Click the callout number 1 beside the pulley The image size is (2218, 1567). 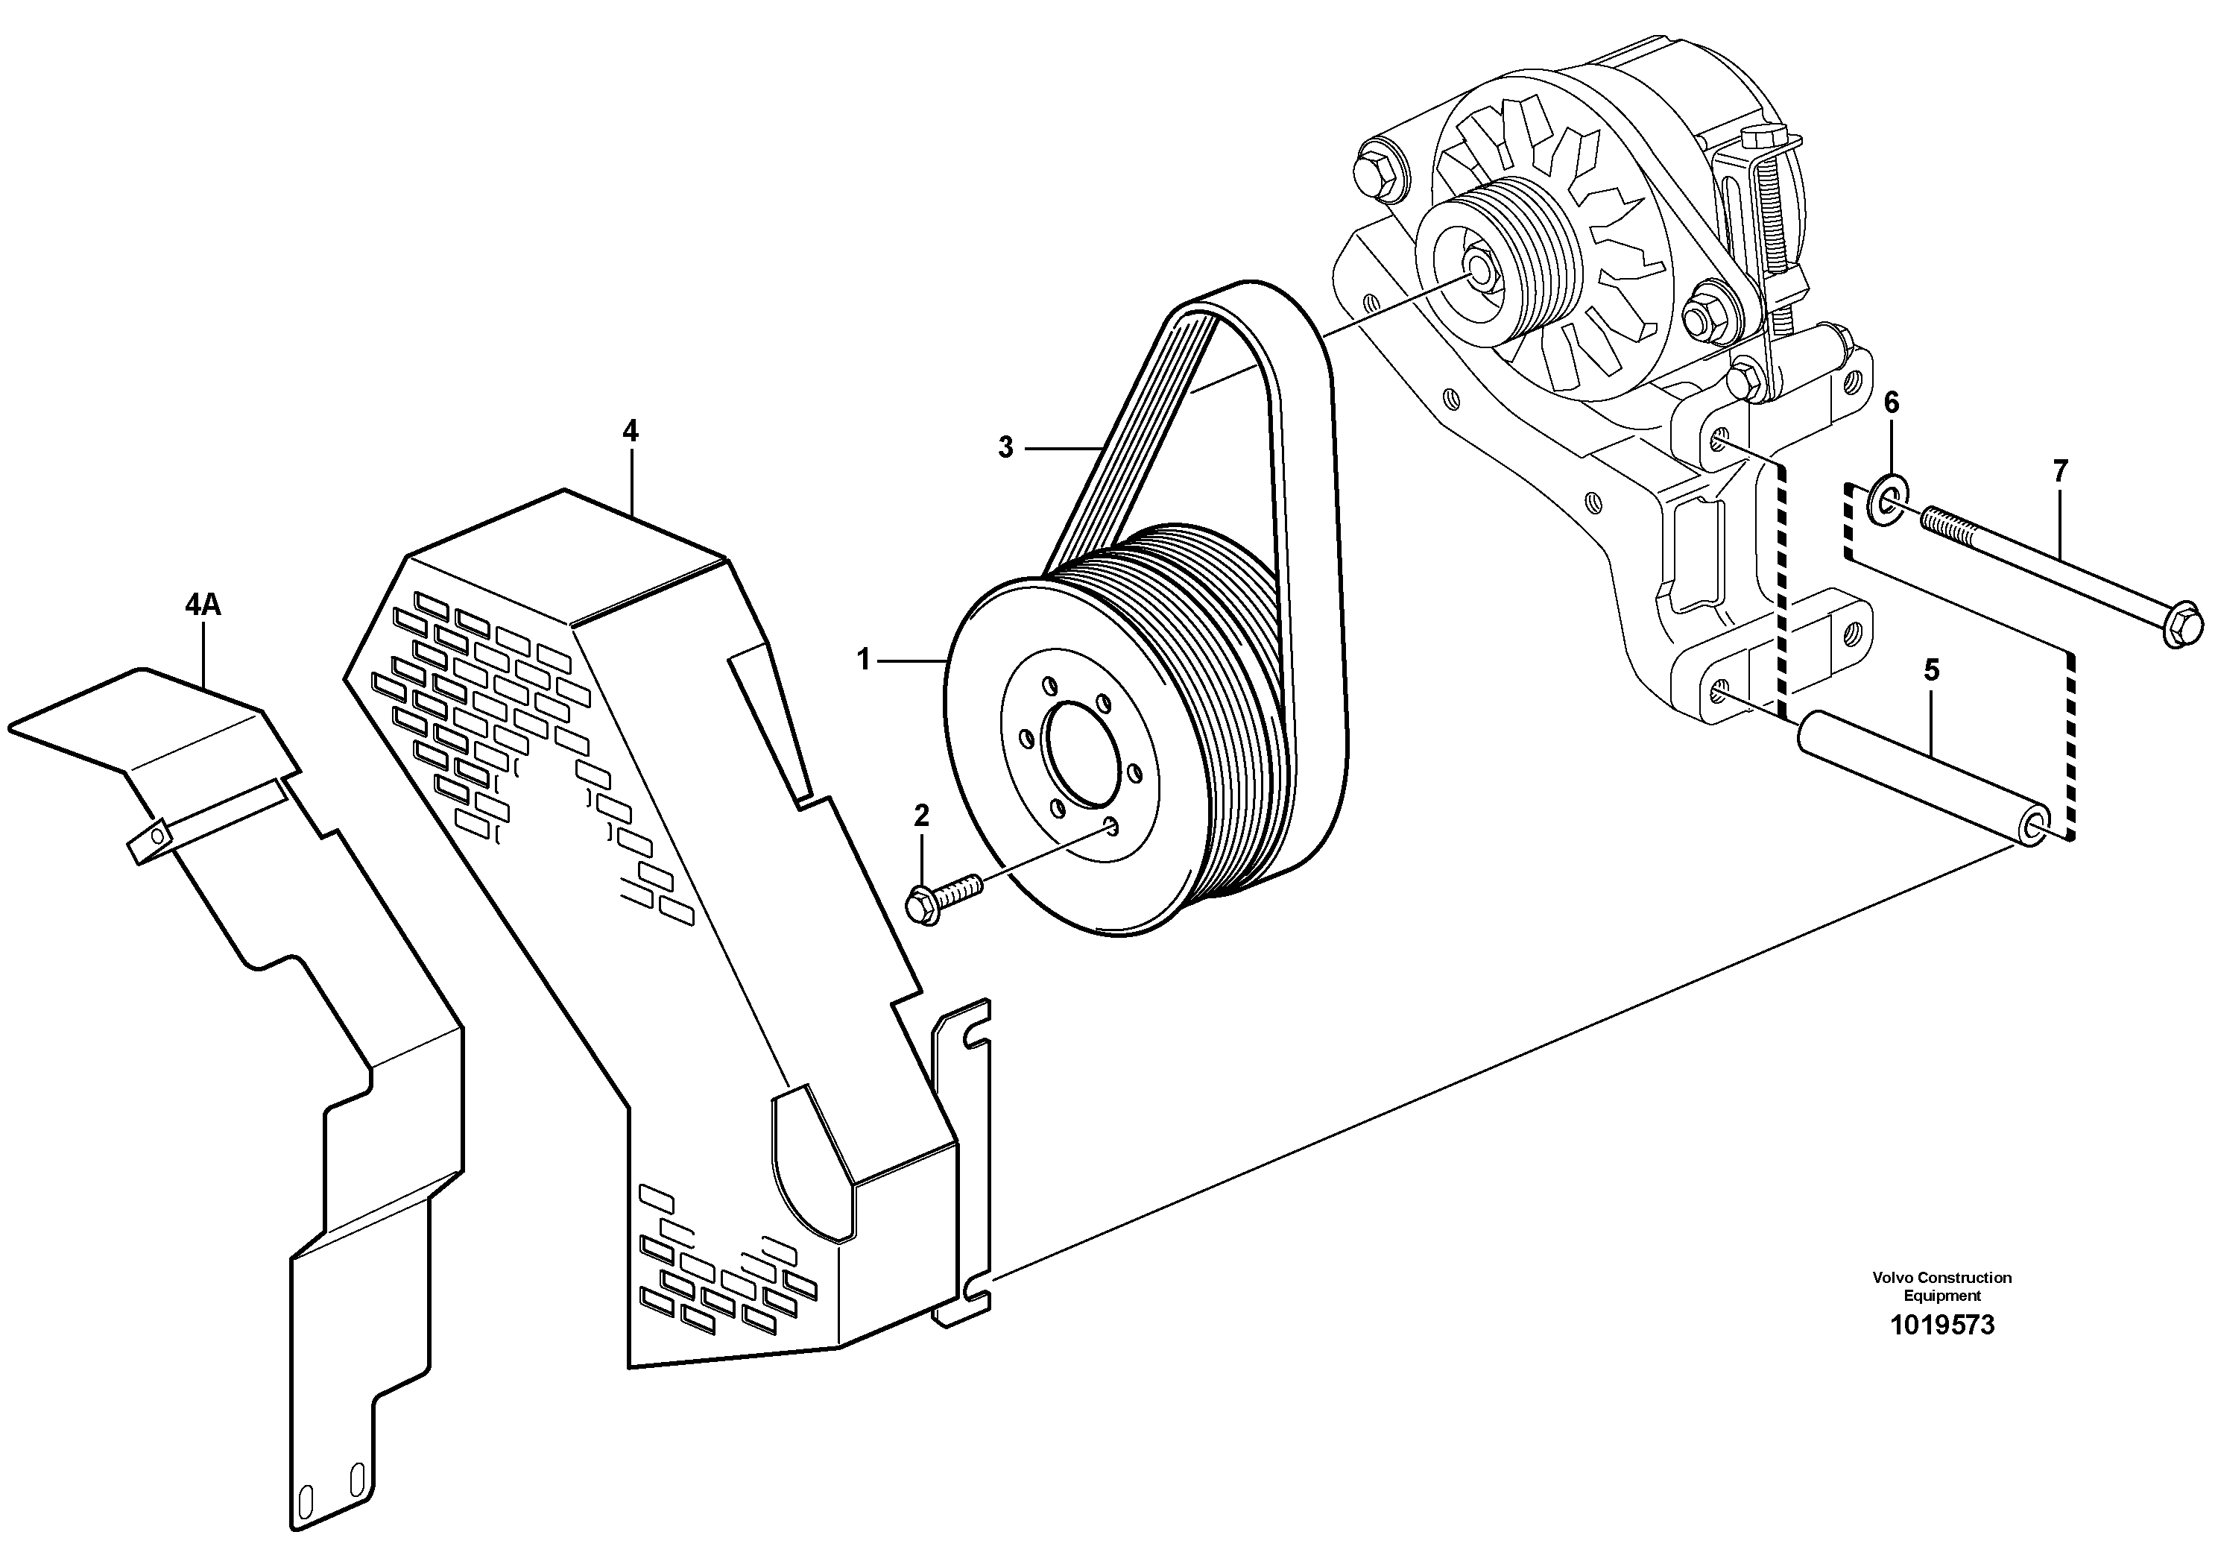864,660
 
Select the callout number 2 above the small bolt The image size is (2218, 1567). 920,816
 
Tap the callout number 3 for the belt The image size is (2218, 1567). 1005,447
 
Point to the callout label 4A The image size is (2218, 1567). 203,606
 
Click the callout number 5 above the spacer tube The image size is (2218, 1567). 1931,669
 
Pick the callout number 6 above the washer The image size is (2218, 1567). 1891,402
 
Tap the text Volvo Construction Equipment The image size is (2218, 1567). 1941,1286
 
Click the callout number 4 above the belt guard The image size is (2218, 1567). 630,431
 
